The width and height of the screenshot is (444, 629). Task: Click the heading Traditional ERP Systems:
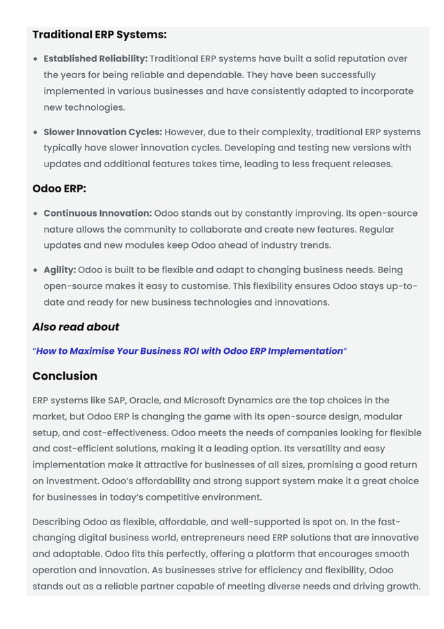(100, 35)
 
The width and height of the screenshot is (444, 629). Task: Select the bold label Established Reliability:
(95, 59)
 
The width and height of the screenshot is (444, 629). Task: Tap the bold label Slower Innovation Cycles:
(102, 132)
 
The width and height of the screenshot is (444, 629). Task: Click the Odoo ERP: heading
(59, 189)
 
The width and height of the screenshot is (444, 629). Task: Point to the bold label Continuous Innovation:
(97, 214)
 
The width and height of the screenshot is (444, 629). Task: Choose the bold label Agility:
(59, 270)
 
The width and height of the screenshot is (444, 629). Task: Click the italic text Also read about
(76, 327)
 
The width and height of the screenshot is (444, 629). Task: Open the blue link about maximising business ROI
(189, 351)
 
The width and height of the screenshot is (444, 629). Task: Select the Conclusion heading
(65, 376)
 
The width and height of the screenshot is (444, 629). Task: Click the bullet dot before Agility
(35, 270)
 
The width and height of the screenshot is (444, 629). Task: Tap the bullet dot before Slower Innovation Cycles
(35, 132)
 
